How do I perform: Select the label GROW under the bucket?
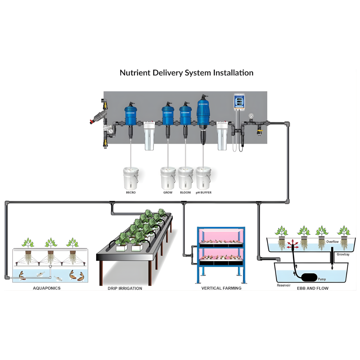168,193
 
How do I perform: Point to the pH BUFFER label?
203,193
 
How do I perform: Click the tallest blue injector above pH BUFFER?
203,112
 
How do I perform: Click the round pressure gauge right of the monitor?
251,116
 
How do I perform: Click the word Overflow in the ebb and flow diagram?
333,242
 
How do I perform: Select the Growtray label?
343,254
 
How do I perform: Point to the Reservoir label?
284,285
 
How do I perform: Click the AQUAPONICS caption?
47,288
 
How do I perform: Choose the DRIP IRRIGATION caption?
125,288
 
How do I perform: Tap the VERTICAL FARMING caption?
221,288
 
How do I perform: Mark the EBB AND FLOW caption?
312,288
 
